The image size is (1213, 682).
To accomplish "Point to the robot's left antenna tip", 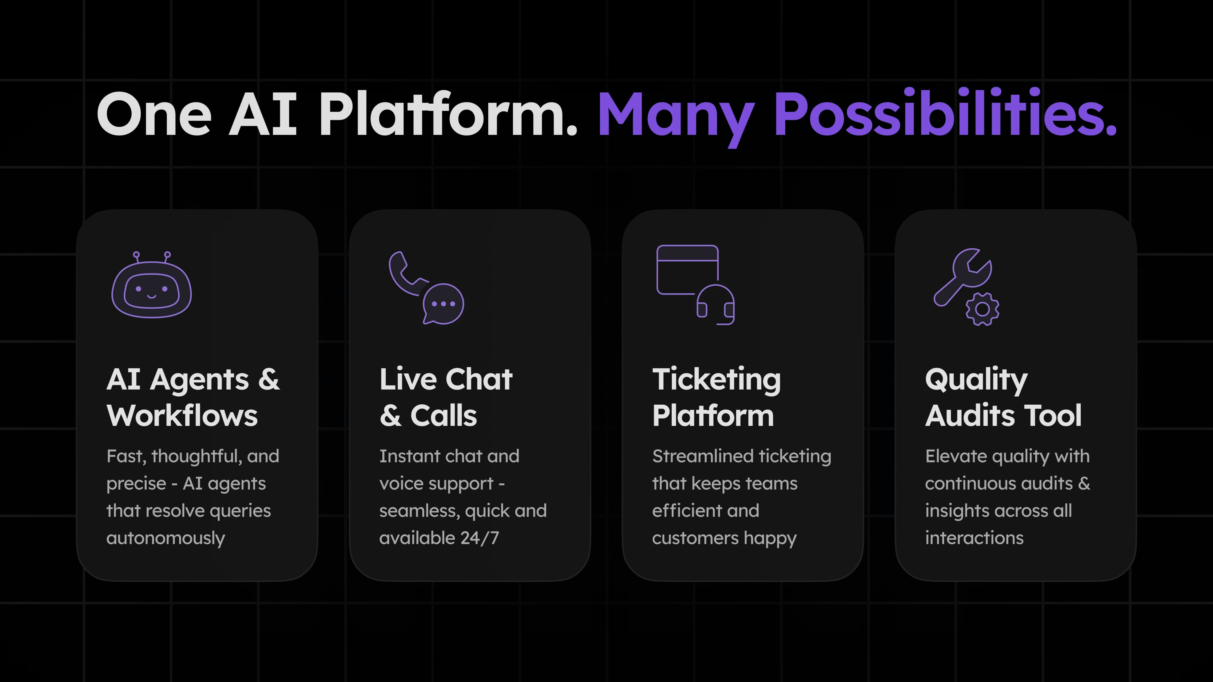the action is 136,255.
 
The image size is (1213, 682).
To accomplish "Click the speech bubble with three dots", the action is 443,304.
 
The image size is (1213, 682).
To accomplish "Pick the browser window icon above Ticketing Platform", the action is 687,269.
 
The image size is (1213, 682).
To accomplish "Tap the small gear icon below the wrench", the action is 982,309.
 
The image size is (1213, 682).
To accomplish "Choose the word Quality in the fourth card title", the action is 976,380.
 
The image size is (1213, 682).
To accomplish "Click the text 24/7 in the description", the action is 480,538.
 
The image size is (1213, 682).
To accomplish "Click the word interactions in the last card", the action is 974,538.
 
